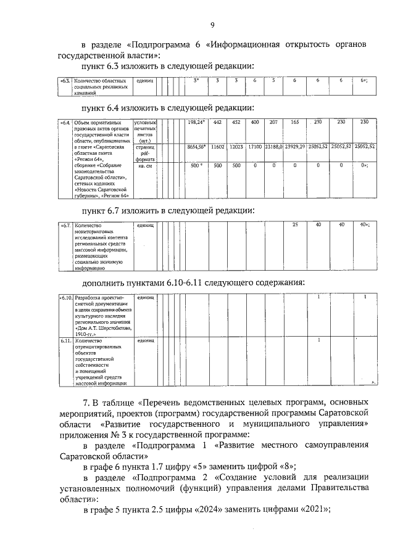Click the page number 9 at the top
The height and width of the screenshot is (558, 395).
click(212, 25)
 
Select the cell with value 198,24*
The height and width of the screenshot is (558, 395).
click(196, 122)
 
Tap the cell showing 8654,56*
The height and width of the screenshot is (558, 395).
click(196, 148)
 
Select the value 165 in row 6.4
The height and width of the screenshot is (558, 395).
click(295, 122)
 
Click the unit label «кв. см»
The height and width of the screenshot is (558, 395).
click(145, 166)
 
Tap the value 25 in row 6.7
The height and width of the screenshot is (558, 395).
click(295, 224)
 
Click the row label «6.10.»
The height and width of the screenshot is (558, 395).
click(66, 298)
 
